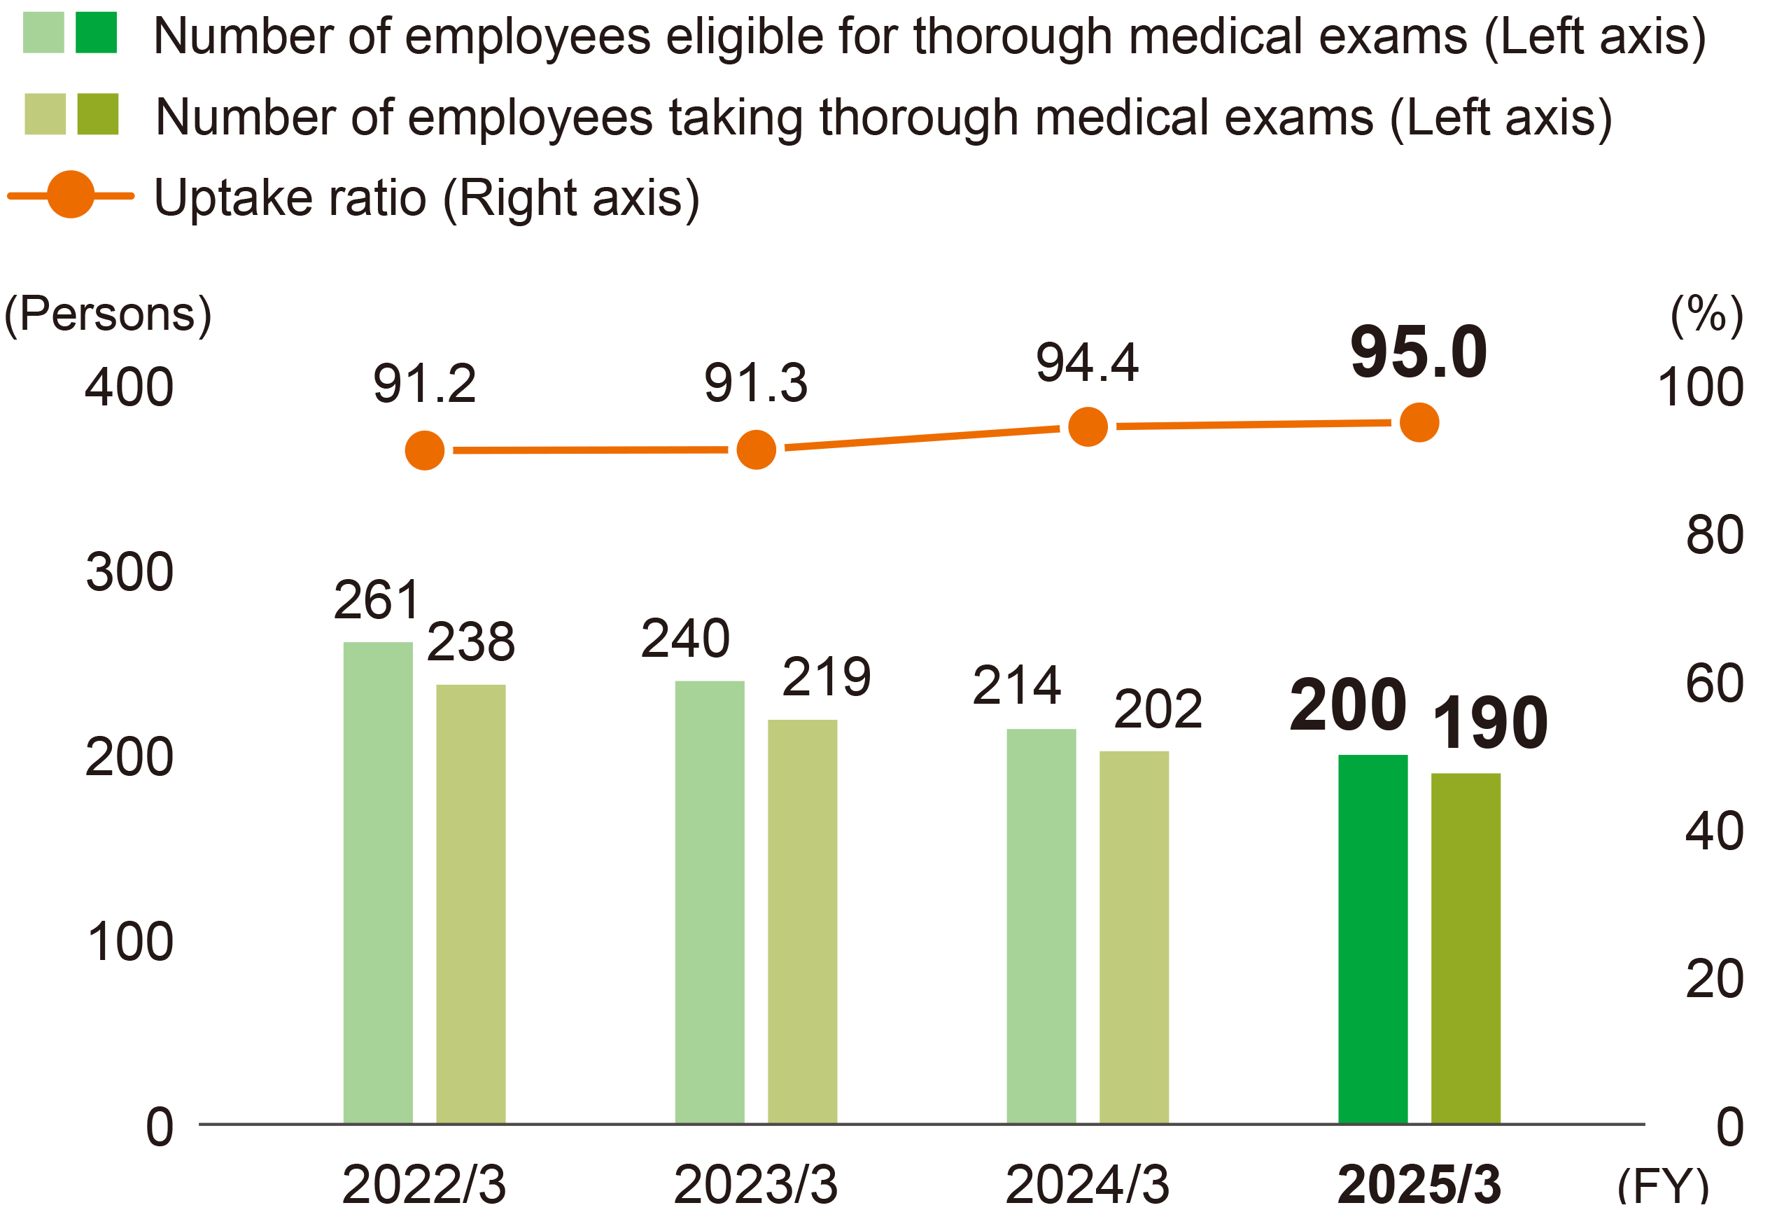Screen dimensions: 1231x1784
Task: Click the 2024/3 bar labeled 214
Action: coord(1041,926)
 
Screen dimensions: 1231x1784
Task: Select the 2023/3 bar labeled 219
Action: coord(802,921)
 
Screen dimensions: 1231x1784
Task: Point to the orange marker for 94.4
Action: coord(1087,426)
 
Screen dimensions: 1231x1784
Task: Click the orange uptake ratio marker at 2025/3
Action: coord(1419,423)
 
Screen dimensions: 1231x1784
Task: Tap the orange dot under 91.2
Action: coord(425,450)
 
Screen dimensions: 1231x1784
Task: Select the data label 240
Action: coord(684,639)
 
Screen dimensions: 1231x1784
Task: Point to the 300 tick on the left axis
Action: coord(129,572)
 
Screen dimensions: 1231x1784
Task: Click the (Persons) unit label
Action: coord(108,314)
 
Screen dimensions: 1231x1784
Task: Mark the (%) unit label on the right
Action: coord(1706,314)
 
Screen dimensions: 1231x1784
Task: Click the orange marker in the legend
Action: coord(71,195)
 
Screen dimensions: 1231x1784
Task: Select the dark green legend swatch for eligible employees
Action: coord(97,32)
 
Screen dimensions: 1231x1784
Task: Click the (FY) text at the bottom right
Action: coord(1662,1185)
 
